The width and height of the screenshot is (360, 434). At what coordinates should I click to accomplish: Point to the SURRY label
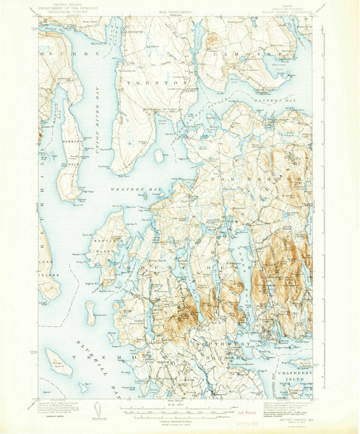[57, 54]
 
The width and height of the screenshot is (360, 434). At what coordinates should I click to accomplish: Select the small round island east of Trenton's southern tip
[159, 156]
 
